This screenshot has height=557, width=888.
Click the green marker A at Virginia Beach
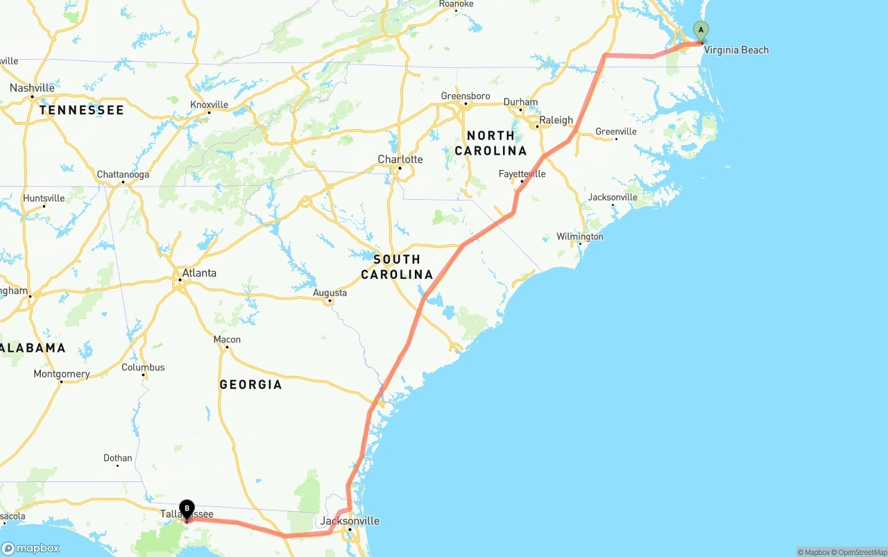701,31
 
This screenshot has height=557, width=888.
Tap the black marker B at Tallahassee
187,510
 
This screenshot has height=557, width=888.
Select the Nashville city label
32,88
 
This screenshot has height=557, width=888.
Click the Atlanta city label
199,273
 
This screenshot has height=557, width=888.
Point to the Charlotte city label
400,160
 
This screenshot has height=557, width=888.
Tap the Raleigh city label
556,120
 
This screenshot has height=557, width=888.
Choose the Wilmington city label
580,237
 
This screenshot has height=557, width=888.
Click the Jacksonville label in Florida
350,521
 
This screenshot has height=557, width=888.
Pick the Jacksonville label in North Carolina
613,197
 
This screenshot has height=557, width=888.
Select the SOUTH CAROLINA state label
397,267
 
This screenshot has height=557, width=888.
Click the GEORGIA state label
250,385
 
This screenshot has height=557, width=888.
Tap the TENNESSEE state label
82,110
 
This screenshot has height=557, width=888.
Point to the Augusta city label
330,293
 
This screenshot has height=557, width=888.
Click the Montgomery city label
62,374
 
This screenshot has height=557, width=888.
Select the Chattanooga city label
123,174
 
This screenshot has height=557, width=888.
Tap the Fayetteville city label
522,173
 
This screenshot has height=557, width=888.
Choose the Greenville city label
616,132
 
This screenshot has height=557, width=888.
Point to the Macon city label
227,339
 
